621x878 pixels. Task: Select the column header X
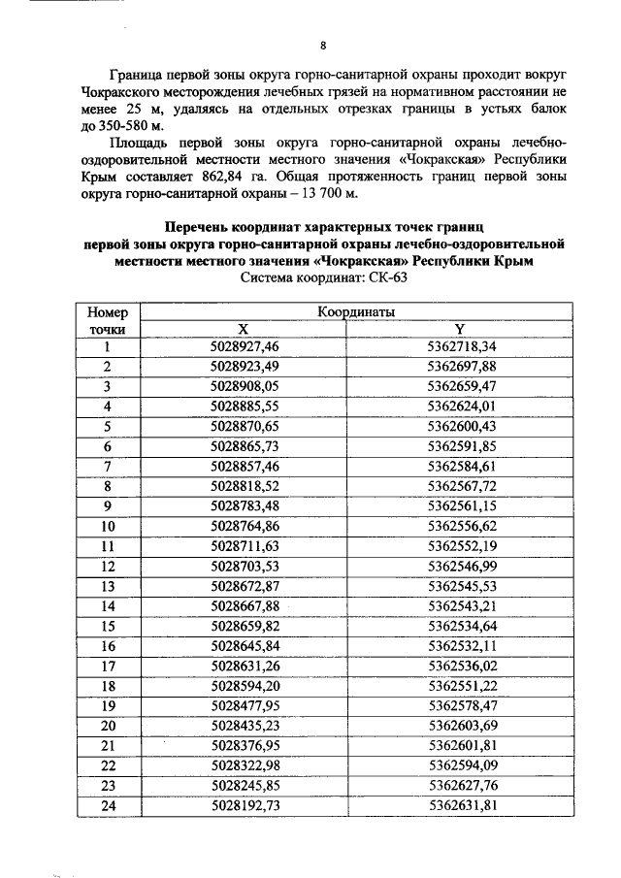pos(244,329)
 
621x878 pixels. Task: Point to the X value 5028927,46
pos(244,346)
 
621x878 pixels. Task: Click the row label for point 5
pos(108,426)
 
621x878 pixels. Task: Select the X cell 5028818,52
pos(244,486)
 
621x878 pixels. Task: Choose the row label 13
pos(108,586)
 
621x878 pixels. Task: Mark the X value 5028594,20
pos(244,686)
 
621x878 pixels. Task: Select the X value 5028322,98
pos(244,765)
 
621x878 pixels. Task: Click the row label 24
pos(108,805)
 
